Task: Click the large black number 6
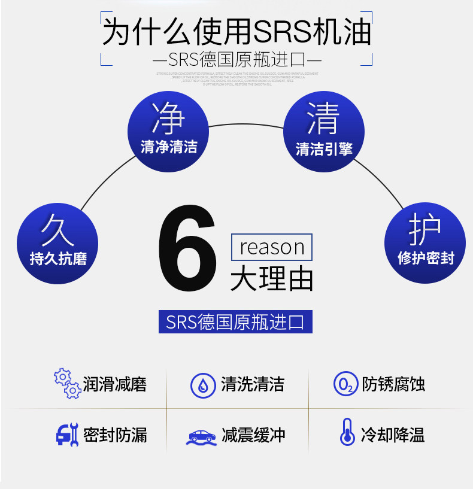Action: pyautogui.click(x=187, y=250)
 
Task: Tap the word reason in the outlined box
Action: pyautogui.click(x=272, y=247)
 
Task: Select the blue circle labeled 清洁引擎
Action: pyautogui.click(x=324, y=132)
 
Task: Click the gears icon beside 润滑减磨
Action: pyautogui.click(x=67, y=384)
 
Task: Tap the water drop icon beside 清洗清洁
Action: pyautogui.click(x=203, y=384)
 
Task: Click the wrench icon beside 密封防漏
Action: pyautogui.click(x=66, y=434)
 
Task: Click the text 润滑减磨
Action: pyautogui.click(x=115, y=384)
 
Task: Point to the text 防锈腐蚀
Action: pyautogui.click(x=393, y=384)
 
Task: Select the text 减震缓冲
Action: pyautogui.click(x=253, y=435)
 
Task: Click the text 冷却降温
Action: pyautogui.click(x=393, y=435)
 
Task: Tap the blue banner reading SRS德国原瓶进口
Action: pyautogui.click(x=235, y=322)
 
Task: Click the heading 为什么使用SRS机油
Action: pyautogui.click(x=236, y=32)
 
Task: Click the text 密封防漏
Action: pyautogui.click(x=115, y=435)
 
